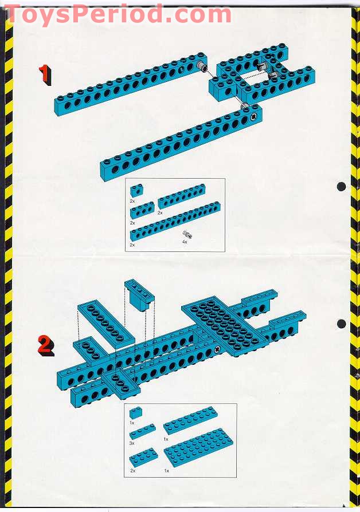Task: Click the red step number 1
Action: pyautogui.click(x=45, y=74)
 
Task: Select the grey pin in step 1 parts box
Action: pyautogui.click(x=187, y=234)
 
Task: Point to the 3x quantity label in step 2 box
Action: pyautogui.click(x=132, y=443)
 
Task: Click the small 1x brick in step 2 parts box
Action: pyautogui.click(x=136, y=413)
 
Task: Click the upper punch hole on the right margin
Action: pyautogui.click(x=341, y=187)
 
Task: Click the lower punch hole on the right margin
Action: pyautogui.click(x=341, y=324)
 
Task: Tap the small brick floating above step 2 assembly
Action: pyautogui.click(x=139, y=293)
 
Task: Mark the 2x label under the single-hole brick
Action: pyautogui.click(x=132, y=202)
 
